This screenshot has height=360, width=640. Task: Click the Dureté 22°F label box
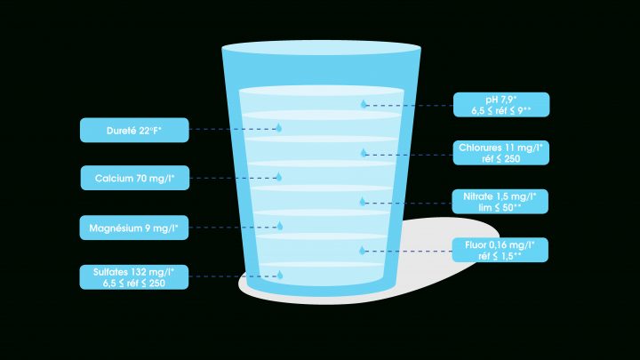[134, 130]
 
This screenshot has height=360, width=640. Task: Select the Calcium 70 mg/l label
[135, 178]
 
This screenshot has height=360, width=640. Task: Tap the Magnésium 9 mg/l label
[134, 228]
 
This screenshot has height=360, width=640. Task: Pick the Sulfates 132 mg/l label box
[134, 277]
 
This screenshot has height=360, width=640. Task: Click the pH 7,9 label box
[501, 105]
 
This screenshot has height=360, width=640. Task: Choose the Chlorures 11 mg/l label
[500, 153]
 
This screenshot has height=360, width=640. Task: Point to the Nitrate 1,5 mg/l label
[500, 202]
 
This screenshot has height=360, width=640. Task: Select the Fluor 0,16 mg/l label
[500, 250]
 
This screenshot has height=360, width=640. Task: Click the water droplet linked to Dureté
[279, 128]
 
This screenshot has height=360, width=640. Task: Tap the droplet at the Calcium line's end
[279, 177]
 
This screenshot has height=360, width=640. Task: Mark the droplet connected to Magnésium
[280, 226]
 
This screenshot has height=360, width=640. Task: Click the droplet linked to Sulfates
[280, 275]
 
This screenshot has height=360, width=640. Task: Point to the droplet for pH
[364, 104]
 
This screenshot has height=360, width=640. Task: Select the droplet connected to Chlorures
[364, 153]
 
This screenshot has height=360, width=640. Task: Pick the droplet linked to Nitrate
[363, 201]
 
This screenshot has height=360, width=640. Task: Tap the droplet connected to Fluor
[363, 250]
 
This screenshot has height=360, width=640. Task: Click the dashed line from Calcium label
[233, 178]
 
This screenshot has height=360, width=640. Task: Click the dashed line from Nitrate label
[409, 203]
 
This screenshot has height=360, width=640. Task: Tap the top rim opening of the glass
[321, 47]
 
